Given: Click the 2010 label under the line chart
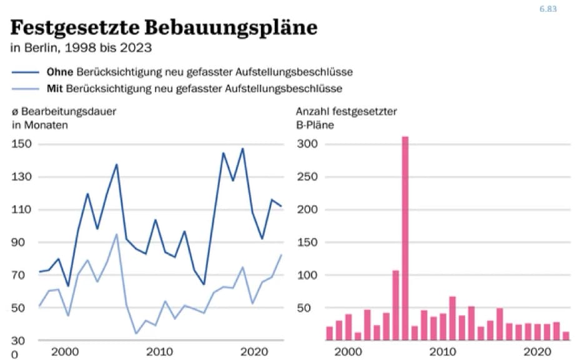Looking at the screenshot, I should click(x=159, y=351).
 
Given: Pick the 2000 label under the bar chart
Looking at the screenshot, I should click(x=348, y=351).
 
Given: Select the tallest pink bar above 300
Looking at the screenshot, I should click(x=405, y=237).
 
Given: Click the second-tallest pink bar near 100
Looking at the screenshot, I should click(x=395, y=305).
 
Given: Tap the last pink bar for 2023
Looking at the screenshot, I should click(x=566, y=336).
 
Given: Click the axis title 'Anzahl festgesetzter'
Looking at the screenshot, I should click(x=346, y=112).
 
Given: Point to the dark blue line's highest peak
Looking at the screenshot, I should click(x=242, y=149).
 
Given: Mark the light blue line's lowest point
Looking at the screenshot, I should click(x=136, y=333).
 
